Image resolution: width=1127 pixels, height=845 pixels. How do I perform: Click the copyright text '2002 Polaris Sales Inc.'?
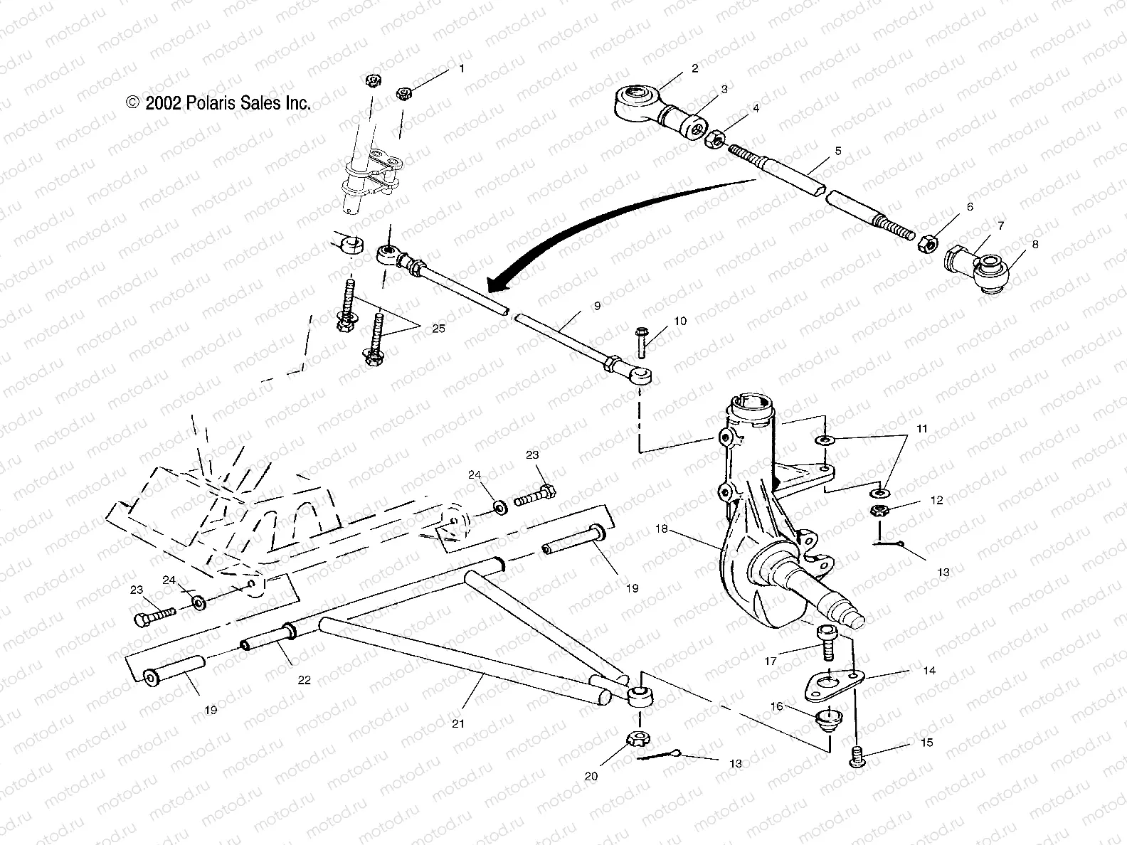[x=218, y=103]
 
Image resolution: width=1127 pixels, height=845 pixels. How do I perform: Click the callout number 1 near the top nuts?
[x=461, y=69]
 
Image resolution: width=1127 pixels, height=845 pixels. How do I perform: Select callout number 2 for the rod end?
[x=694, y=68]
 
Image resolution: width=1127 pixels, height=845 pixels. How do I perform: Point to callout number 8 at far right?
[x=1035, y=244]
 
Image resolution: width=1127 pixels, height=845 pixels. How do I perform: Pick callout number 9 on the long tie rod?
[x=596, y=306]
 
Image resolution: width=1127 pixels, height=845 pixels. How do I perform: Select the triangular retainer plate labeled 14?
[x=829, y=684]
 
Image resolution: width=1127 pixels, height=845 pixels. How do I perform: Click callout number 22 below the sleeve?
[x=304, y=680]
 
